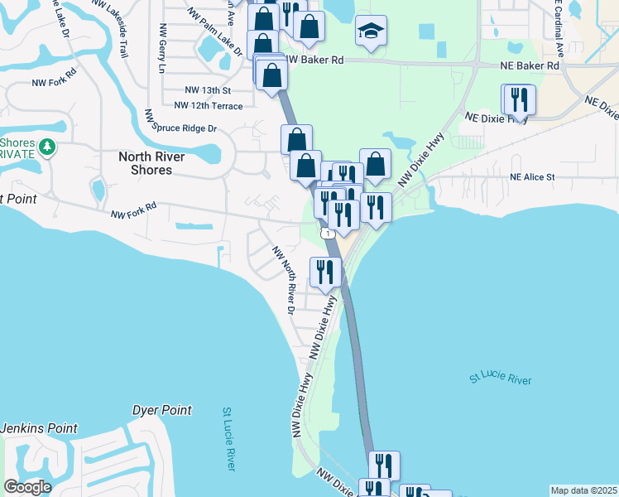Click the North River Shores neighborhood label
click(145, 162)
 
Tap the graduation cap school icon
click(371, 33)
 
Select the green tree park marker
click(47, 147)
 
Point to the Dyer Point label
click(162, 410)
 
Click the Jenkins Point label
click(39, 428)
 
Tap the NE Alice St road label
click(532, 176)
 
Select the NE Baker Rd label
click(530, 65)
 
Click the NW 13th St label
click(207, 89)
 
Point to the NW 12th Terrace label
click(209, 106)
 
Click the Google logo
click(27, 487)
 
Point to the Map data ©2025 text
click(583, 490)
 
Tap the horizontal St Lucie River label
click(500, 379)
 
